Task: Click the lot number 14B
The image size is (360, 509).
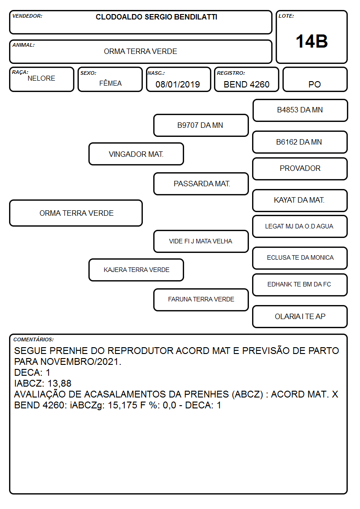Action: [311, 41]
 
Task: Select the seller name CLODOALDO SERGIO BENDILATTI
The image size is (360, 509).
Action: [156, 17]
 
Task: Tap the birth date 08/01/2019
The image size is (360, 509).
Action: [178, 84]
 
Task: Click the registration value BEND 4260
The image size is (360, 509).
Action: [246, 84]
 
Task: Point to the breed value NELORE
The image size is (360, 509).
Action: [41, 78]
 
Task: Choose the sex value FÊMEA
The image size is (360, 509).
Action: [110, 83]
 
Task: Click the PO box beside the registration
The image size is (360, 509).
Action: [315, 79]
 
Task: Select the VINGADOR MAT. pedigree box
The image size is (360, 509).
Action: [136, 154]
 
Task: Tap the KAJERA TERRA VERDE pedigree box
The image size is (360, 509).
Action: [136, 270]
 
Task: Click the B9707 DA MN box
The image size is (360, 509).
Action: [201, 125]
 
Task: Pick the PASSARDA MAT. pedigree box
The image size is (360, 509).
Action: [201, 184]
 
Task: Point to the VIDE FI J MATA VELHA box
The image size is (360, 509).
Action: [201, 241]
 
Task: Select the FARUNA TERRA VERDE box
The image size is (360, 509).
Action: [201, 299]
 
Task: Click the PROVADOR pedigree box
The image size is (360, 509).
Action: [300, 169]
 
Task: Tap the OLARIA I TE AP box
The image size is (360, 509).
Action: [300, 316]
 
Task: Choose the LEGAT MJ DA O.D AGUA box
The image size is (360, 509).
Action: [300, 226]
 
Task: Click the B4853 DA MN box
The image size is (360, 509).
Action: [300, 110]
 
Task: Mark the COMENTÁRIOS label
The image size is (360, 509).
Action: [34, 339]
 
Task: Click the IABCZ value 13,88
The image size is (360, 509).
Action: [59, 383]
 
